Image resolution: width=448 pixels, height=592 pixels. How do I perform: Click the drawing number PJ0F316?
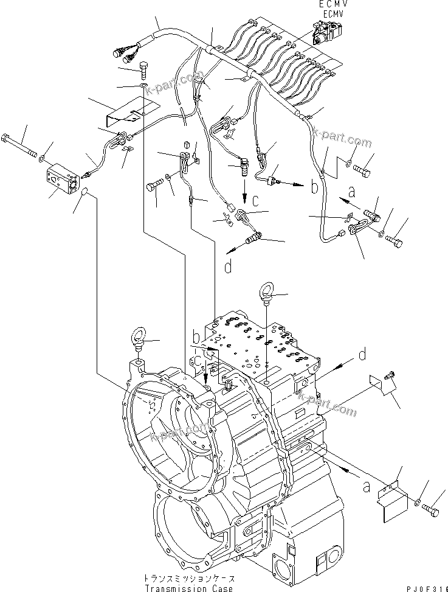[420, 587]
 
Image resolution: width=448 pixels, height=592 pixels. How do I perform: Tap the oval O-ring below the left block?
[86, 193]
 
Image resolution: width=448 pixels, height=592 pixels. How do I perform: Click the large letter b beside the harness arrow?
[314, 187]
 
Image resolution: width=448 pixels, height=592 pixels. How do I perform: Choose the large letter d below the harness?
[229, 266]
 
